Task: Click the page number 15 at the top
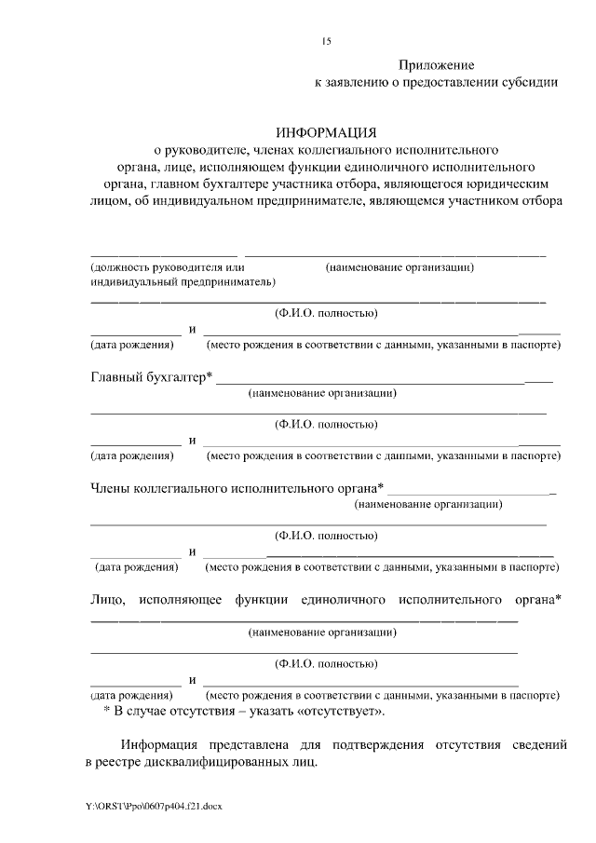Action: point(326,41)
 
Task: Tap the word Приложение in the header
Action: point(437,65)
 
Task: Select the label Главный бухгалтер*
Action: point(151,377)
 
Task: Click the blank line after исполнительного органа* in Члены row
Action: point(470,492)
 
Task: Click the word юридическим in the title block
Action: point(511,184)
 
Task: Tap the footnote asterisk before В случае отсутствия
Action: point(106,711)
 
